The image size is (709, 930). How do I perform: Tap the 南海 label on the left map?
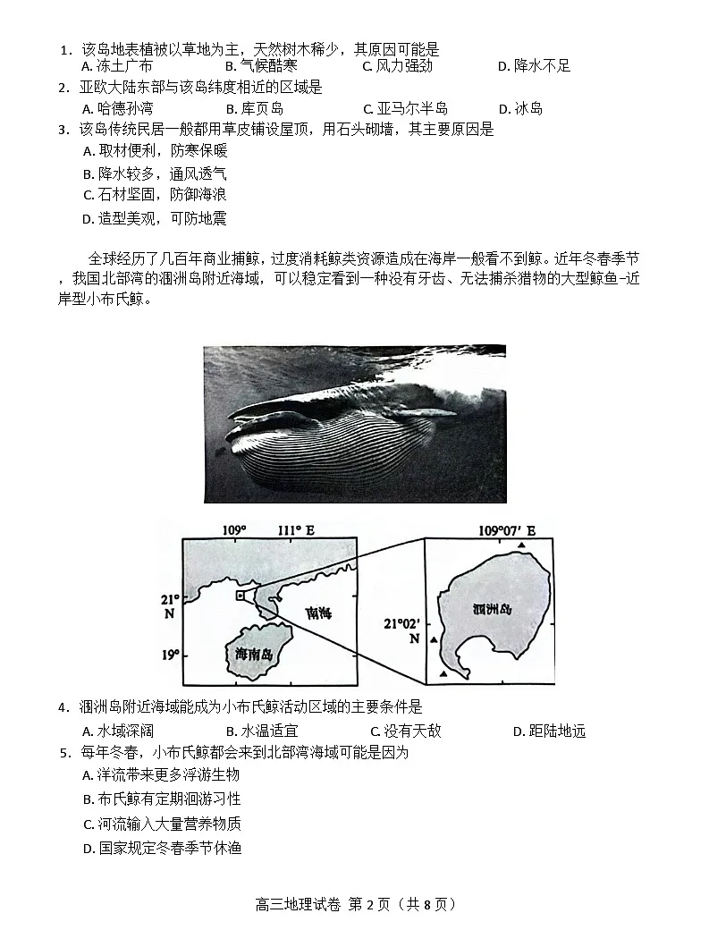(x=317, y=614)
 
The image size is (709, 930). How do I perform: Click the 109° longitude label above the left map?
(x=234, y=530)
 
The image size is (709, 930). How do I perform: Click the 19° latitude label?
(x=170, y=655)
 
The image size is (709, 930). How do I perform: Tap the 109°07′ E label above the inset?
(x=506, y=530)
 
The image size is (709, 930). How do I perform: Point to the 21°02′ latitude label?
(x=401, y=623)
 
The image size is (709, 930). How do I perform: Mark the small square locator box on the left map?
(x=240, y=595)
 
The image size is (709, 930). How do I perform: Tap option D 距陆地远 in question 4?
(x=549, y=731)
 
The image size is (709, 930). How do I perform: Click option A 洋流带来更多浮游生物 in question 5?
(x=161, y=775)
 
